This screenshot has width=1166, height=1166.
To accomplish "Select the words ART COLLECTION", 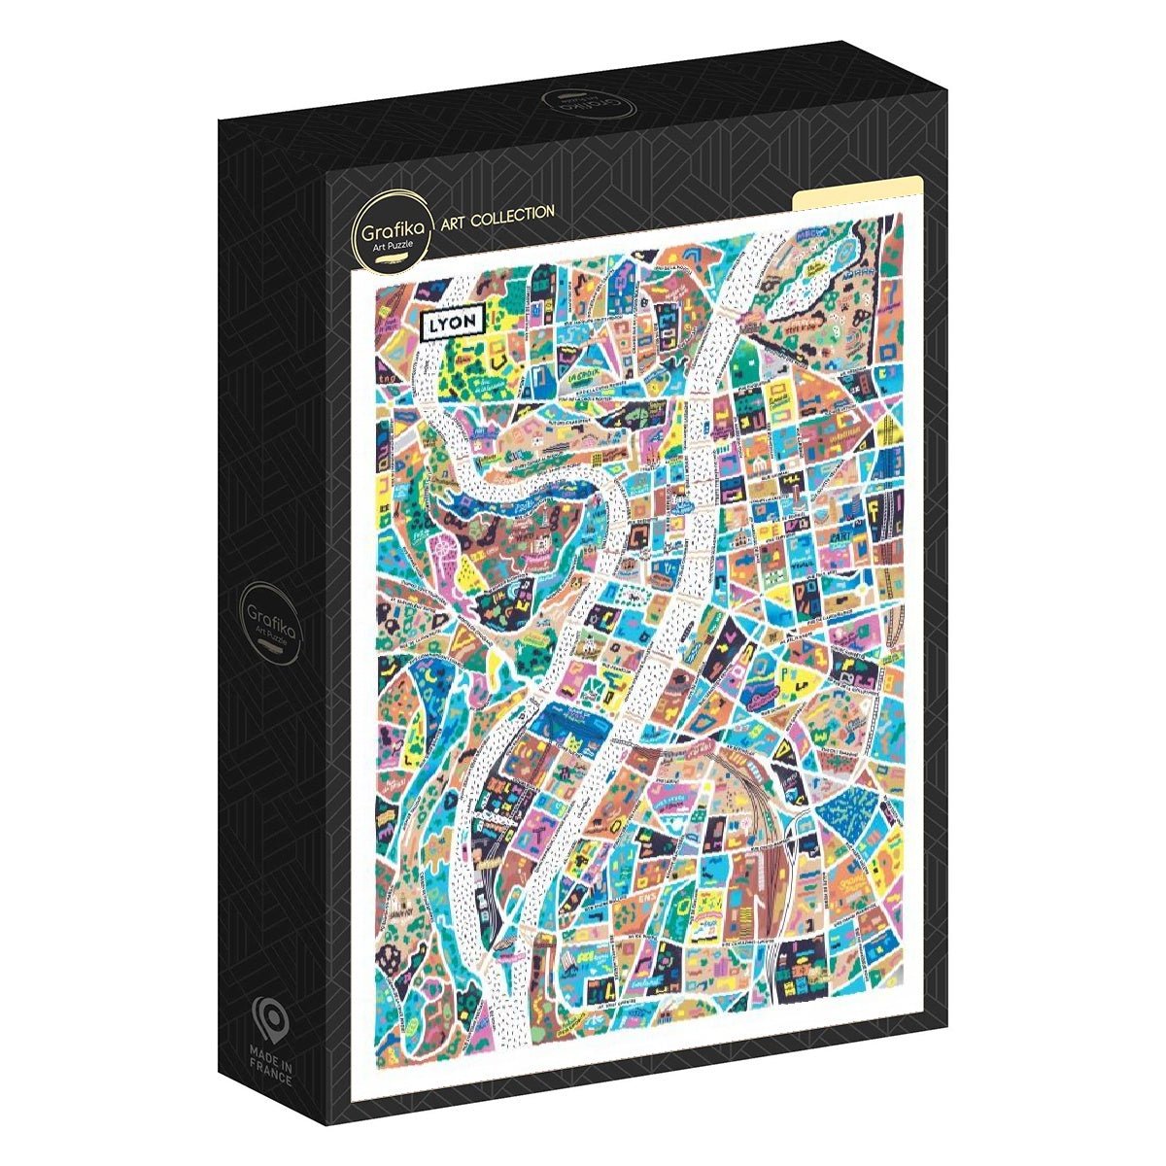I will coord(497,212).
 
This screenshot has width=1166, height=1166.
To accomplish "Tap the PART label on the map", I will coord(841,535).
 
